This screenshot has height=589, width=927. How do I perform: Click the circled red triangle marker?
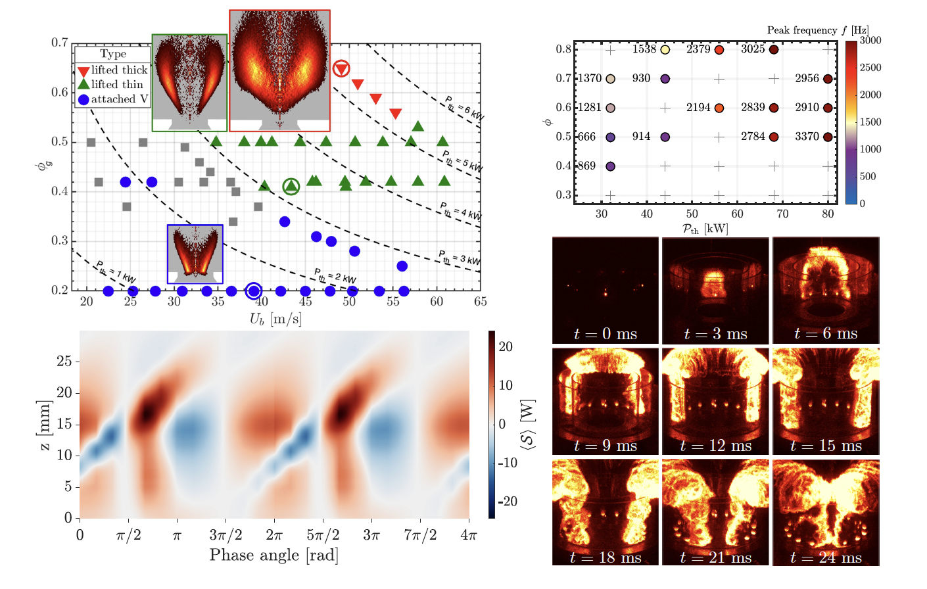coord(341,68)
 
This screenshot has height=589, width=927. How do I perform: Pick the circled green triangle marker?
coord(291,187)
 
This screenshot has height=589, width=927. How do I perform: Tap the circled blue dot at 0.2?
coord(254,291)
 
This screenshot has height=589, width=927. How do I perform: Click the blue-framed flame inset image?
coord(195,254)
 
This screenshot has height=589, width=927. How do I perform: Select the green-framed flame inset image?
coord(189,83)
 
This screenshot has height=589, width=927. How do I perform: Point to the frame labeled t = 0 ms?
coord(606,290)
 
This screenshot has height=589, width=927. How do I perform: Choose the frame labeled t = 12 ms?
coord(715,401)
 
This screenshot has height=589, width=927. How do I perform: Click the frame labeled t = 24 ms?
coord(826,513)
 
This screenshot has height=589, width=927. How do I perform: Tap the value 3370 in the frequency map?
coord(807,137)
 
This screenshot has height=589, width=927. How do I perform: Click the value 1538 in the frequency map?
coord(644,49)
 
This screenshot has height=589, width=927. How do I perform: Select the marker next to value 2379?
coord(719,50)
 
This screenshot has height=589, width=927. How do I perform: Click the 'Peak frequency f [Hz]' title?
coord(817,30)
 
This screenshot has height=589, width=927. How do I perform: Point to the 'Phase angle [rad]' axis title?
coord(273,555)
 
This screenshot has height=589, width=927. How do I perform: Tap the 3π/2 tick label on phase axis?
coord(226,535)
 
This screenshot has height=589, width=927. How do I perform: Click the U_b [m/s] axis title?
coord(275,319)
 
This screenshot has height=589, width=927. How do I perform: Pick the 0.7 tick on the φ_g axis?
coord(60,43)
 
